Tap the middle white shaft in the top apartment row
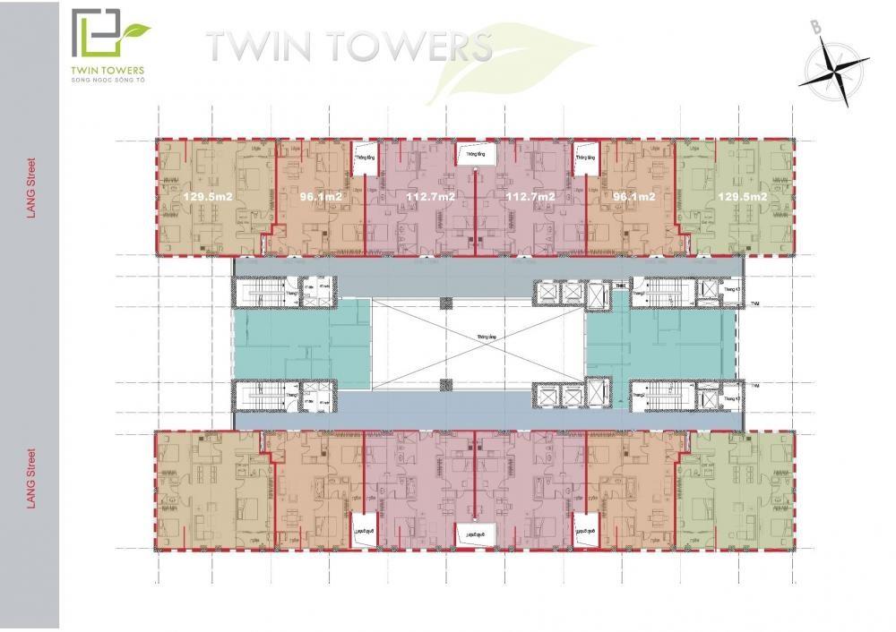(471, 155)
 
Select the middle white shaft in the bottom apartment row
(471, 533)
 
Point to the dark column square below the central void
(444, 384)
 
